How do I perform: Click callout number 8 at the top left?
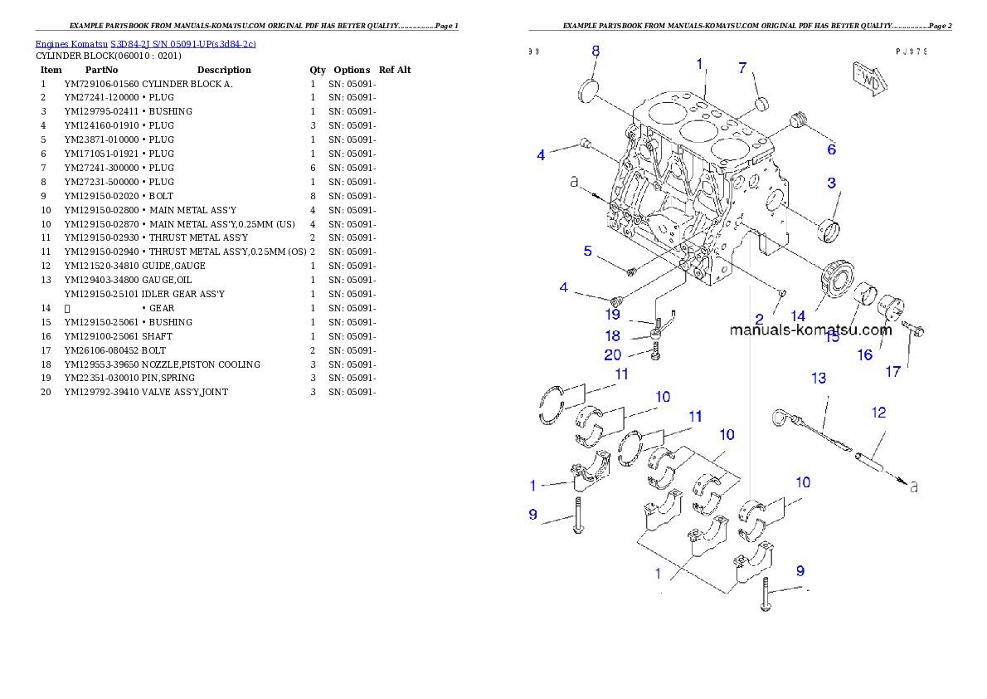[x=596, y=51]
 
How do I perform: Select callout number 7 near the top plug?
[x=743, y=68]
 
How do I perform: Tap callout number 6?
[x=831, y=149]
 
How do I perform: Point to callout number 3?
[x=831, y=183]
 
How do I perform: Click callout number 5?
[x=587, y=251]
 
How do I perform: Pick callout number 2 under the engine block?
[x=759, y=319]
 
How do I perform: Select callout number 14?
[x=798, y=316]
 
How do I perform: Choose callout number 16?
[x=865, y=354]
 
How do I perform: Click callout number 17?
[x=893, y=372]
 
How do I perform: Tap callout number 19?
[x=612, y=315]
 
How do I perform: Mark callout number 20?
[x=612, y=355]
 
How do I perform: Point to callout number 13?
[x=819, y=379]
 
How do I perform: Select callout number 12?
[x=878, y=412]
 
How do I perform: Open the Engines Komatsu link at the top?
[x=145, y=43]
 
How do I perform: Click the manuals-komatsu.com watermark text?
[x=810, y=330]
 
